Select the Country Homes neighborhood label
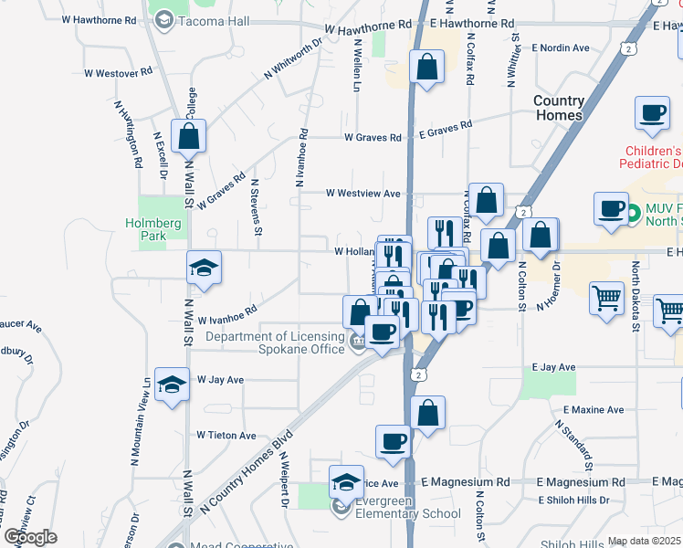pos(558,108)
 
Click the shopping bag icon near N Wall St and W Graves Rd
pos(188,137)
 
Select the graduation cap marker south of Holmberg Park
pos(204,268)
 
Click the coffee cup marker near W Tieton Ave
pos(393,441)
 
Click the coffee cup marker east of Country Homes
pos(652,113)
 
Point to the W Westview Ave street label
pos(363,194)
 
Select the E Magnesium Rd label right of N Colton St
pos(581,481)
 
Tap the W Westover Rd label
pos(117,72)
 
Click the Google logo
pos(29,536)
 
